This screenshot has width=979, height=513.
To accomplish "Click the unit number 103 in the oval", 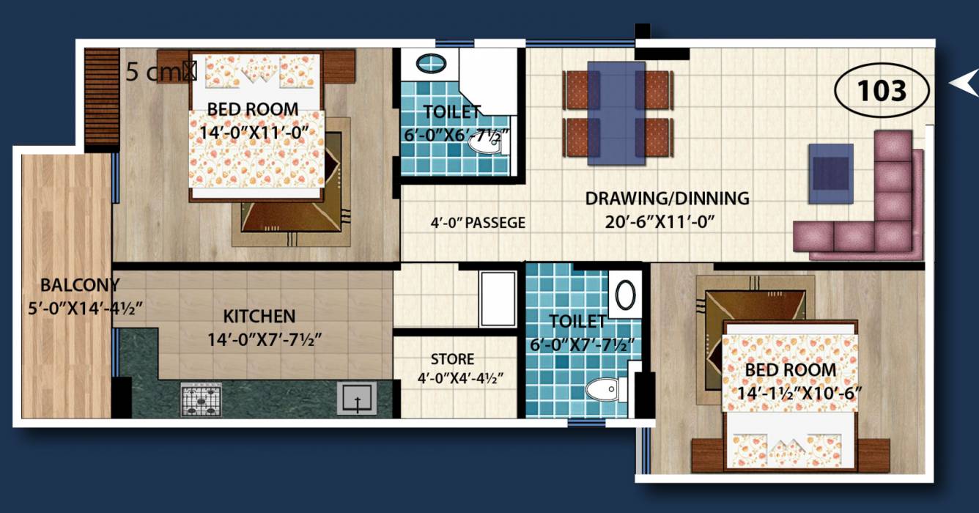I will (x=882, y=92).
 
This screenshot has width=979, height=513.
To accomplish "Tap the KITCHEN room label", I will (x=259, y=317).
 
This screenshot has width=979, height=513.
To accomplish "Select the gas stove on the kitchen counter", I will (x=201, y=400).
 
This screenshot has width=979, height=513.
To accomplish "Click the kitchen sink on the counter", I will (x=356, y=400).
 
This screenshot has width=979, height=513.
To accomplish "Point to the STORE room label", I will (x=452, y=360).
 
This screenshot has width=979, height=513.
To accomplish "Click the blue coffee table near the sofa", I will (x=830, y=173).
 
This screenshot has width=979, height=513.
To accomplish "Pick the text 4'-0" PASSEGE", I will (x=478, y=223).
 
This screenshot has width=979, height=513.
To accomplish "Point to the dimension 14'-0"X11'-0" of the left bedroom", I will (x=253, y=133).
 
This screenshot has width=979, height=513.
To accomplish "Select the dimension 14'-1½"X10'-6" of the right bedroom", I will (x=801, y=392).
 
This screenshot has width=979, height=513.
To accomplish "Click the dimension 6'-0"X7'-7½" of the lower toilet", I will (x=582, y=344).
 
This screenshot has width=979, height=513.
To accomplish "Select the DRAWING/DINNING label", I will (x=667, y=198).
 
